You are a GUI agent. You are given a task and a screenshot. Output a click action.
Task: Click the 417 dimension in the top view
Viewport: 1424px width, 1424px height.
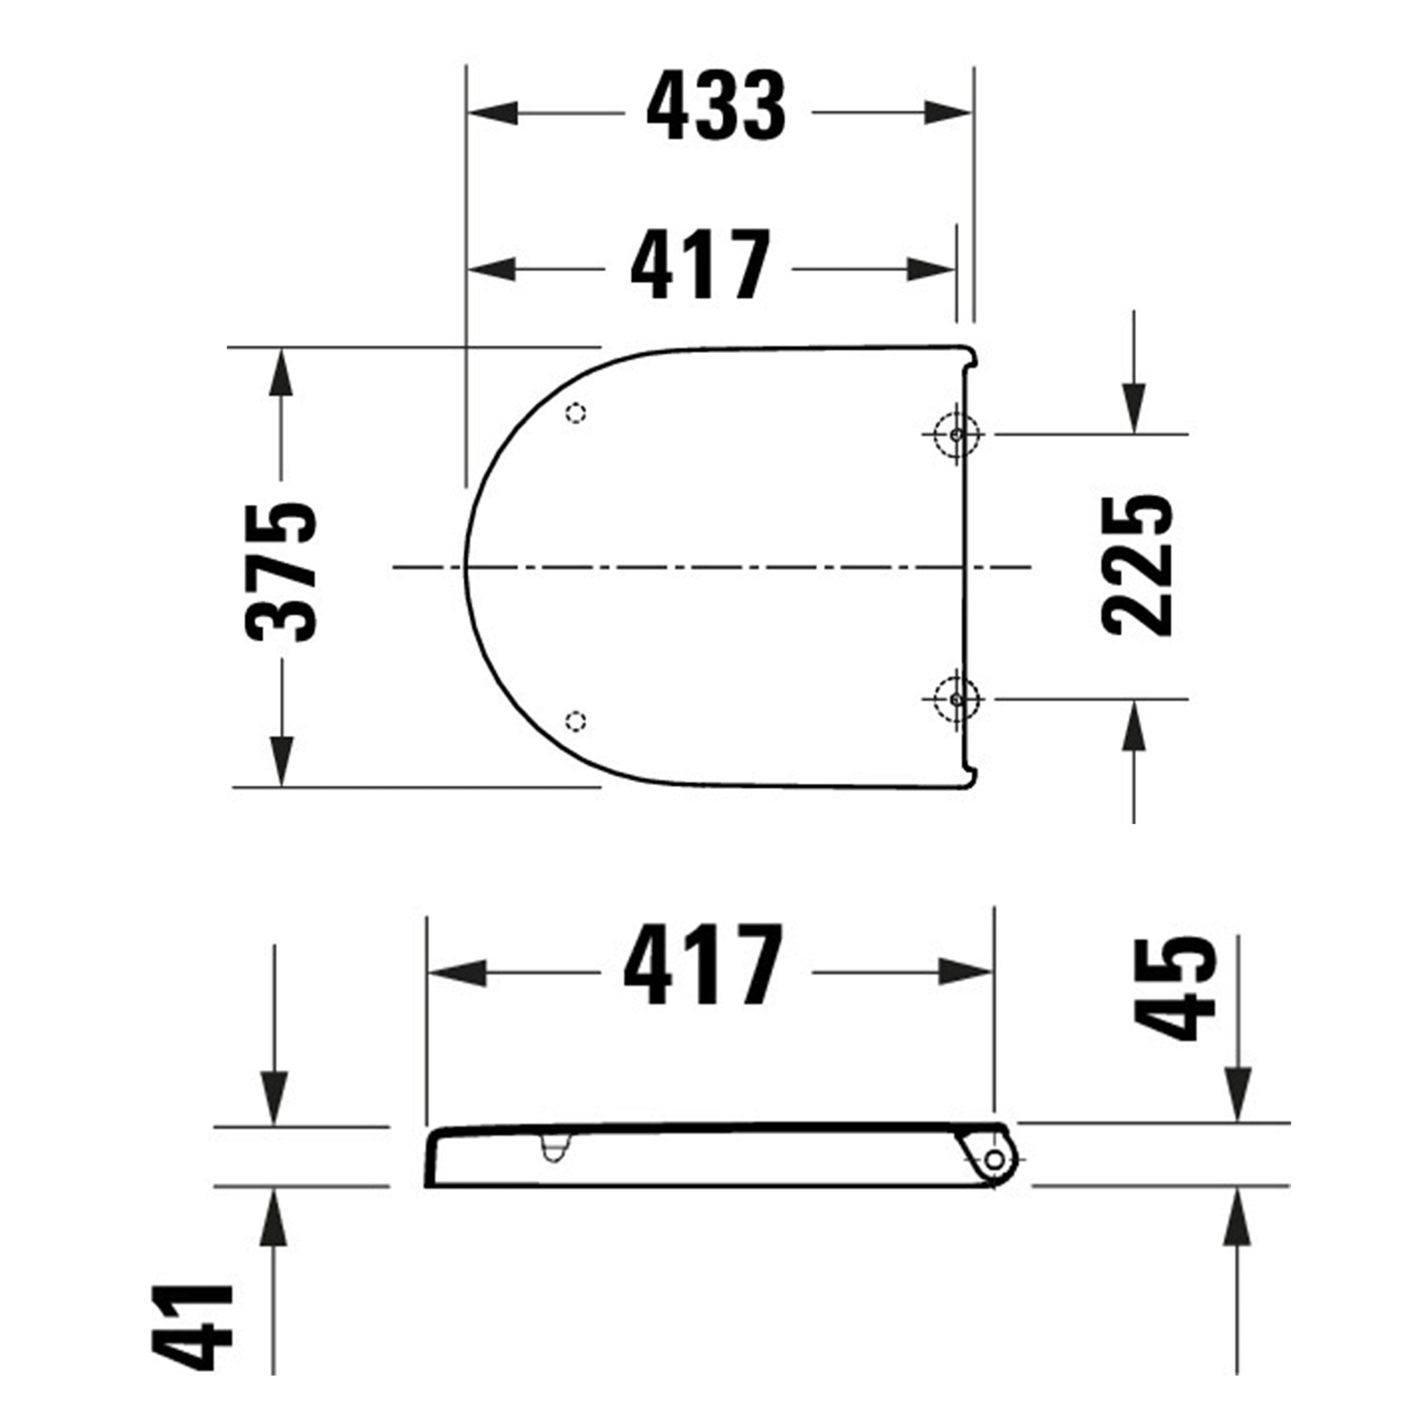[x=700, y=265]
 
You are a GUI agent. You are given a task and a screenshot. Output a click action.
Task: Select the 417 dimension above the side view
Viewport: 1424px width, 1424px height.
[x=702, y=965]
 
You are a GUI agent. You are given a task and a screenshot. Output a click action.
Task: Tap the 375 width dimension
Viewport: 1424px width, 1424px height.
[x=281, y=572]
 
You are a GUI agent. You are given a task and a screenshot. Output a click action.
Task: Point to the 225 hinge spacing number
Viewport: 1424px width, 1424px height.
[x=1136, y=564]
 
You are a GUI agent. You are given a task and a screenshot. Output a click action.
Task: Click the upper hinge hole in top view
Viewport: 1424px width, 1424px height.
[x=956, y=435]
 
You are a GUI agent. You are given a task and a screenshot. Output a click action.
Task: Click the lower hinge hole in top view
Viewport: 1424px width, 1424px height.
[x=956, y=698]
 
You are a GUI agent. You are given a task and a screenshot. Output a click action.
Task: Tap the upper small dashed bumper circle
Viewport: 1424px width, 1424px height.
[x=576, y=414]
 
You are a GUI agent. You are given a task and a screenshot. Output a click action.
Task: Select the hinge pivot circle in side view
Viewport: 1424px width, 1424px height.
[x=993, y=1160]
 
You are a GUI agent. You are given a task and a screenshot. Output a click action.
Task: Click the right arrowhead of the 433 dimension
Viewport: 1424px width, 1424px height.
[x=948, y=113]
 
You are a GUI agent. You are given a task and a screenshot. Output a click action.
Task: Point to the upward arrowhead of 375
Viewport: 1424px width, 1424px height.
[x=281, y=374]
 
